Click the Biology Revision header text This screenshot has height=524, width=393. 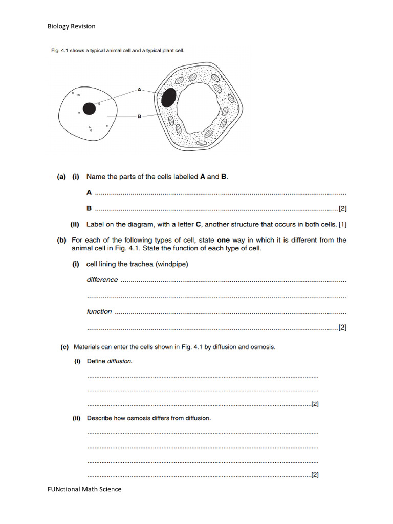(71, 26)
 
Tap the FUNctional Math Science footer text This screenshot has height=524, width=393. (84, 489)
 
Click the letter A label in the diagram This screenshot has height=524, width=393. (139, 89)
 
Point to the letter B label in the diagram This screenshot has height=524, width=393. (139, 116)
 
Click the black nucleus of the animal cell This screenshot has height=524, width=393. (90, 108)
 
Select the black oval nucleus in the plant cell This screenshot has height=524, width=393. (168, 97)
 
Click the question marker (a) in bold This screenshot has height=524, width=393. (61, 177)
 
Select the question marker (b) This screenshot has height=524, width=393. (61, 240)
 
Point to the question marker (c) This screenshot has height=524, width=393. (64, 347)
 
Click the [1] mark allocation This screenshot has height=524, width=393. (342, 224)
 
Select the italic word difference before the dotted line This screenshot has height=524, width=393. (102, 280)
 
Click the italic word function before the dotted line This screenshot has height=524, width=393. (99, 311)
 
